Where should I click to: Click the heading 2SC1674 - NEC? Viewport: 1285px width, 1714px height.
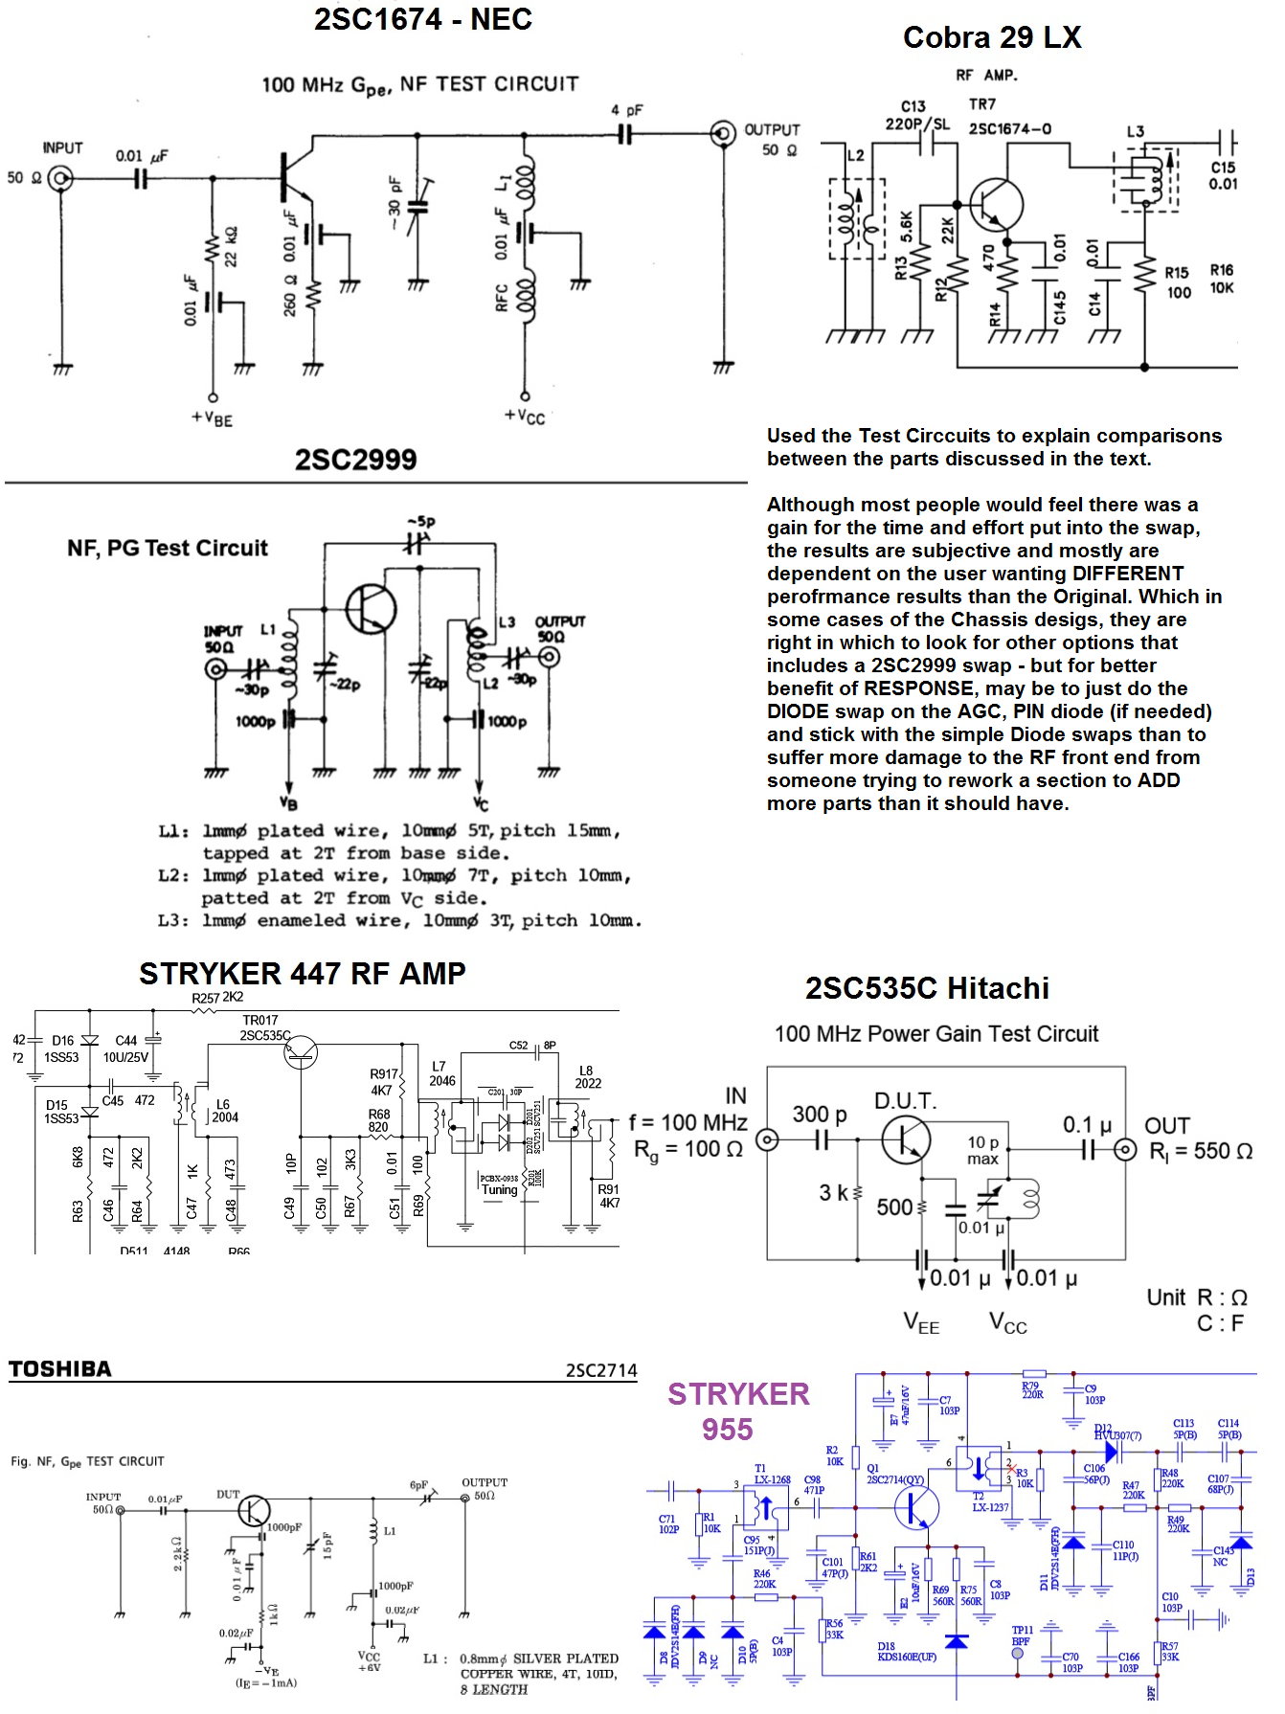coord(422,19)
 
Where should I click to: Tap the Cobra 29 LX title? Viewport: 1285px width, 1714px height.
coord(991,37)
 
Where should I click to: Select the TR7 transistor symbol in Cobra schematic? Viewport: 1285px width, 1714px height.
coord(997,204)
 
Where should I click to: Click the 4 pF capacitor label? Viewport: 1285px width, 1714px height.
coord(627,110)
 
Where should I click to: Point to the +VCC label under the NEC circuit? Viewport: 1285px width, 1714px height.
coord(525,416)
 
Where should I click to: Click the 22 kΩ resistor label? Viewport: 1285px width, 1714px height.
coord(231,247)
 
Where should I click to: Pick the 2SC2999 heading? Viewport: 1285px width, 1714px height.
coord(355,460)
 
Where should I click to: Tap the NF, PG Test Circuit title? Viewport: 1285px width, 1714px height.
coord(168,548)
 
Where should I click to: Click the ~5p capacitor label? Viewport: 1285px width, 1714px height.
coord(421,522)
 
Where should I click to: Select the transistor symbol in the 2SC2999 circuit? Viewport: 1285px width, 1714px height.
coord(372,608)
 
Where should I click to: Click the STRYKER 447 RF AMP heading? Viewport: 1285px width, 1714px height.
coord(302,973)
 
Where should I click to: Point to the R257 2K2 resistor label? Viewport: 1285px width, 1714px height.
coord(217,998)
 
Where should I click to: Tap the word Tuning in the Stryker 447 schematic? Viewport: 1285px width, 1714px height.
coord(499,1190)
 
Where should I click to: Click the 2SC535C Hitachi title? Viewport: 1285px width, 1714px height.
coord(926,988)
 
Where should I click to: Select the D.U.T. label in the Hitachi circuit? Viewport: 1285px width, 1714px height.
coord(905,1101)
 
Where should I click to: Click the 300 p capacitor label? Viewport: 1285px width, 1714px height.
coord(819,1114)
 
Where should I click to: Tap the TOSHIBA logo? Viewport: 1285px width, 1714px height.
coord(60,1369)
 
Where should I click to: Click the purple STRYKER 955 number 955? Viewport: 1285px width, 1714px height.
coord(727,1430)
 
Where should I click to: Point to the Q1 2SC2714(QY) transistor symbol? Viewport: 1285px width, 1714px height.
coord(916,1508)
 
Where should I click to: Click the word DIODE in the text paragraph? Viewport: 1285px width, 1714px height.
coord(798,711)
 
